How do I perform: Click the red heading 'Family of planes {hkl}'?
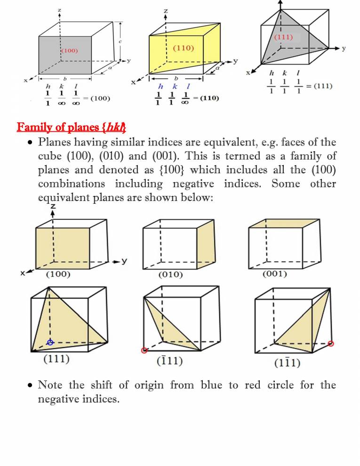(x=71, y=127)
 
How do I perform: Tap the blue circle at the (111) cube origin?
(x=50, y=342)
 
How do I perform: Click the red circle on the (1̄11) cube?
(x=144, y=350)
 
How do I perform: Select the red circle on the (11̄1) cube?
(x=331, y=344)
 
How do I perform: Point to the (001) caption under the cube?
(x=275, y=273)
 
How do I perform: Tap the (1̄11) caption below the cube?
(x=169, y=361)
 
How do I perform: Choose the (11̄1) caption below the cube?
(x=288, y=362)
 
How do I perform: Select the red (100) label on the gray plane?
(x=69, y=50)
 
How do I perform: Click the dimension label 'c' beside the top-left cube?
(x=120, y=42)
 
